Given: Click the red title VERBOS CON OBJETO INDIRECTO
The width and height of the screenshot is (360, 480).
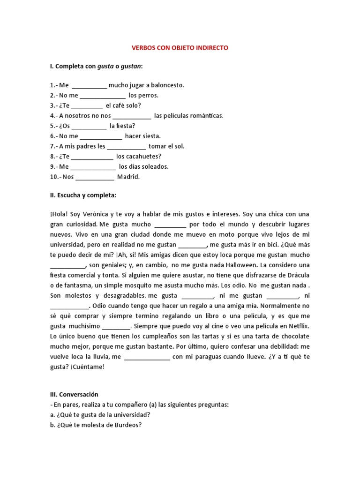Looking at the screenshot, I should pyautogui.click(x=180, y=48).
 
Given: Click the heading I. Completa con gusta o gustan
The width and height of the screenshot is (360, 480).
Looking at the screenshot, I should pyautogui.click(x=96, y=67).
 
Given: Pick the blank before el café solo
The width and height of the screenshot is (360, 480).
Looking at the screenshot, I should pyautogui.click(x=87, y=106).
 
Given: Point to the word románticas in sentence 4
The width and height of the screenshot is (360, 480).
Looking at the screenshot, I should pyautogui.click(x=202, y=116).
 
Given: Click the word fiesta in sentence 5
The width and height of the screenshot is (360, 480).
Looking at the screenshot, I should pyautogui.click(x=126, y=126).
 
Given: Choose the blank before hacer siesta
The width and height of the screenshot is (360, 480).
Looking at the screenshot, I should pyautogui.click(x=101, y=136).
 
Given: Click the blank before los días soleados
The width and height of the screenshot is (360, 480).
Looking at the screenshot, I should pyautogui.click(x=93, y=167).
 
